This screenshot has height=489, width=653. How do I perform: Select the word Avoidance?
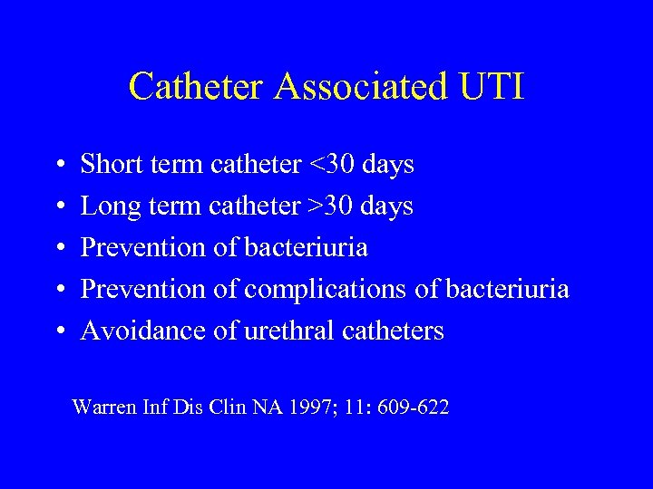tap(143, 331)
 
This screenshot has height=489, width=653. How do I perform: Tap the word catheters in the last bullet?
tap(394, 331)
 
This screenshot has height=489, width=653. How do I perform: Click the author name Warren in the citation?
tap(102, 408)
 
